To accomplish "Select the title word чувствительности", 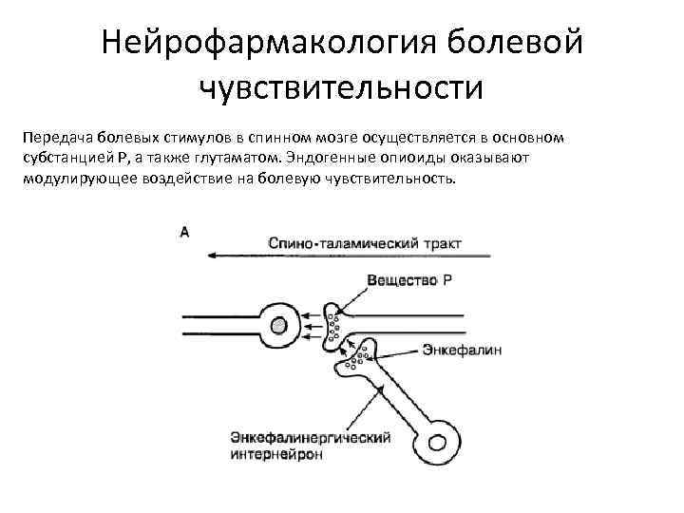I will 342,88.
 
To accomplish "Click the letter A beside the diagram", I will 184,232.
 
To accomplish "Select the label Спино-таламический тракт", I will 365,244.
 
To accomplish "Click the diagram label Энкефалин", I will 463,350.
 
